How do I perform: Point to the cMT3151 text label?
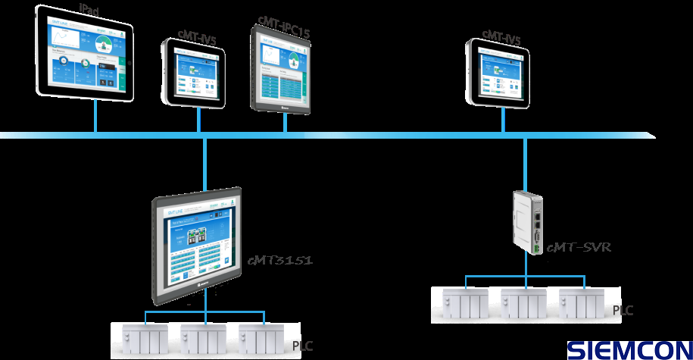[280, 261]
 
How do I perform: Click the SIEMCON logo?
[629, 349]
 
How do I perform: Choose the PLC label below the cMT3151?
[302, 346]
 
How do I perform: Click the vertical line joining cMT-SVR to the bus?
[523, 163]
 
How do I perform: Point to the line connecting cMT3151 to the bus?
[204, 163]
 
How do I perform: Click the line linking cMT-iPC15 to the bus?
[286, 124]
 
